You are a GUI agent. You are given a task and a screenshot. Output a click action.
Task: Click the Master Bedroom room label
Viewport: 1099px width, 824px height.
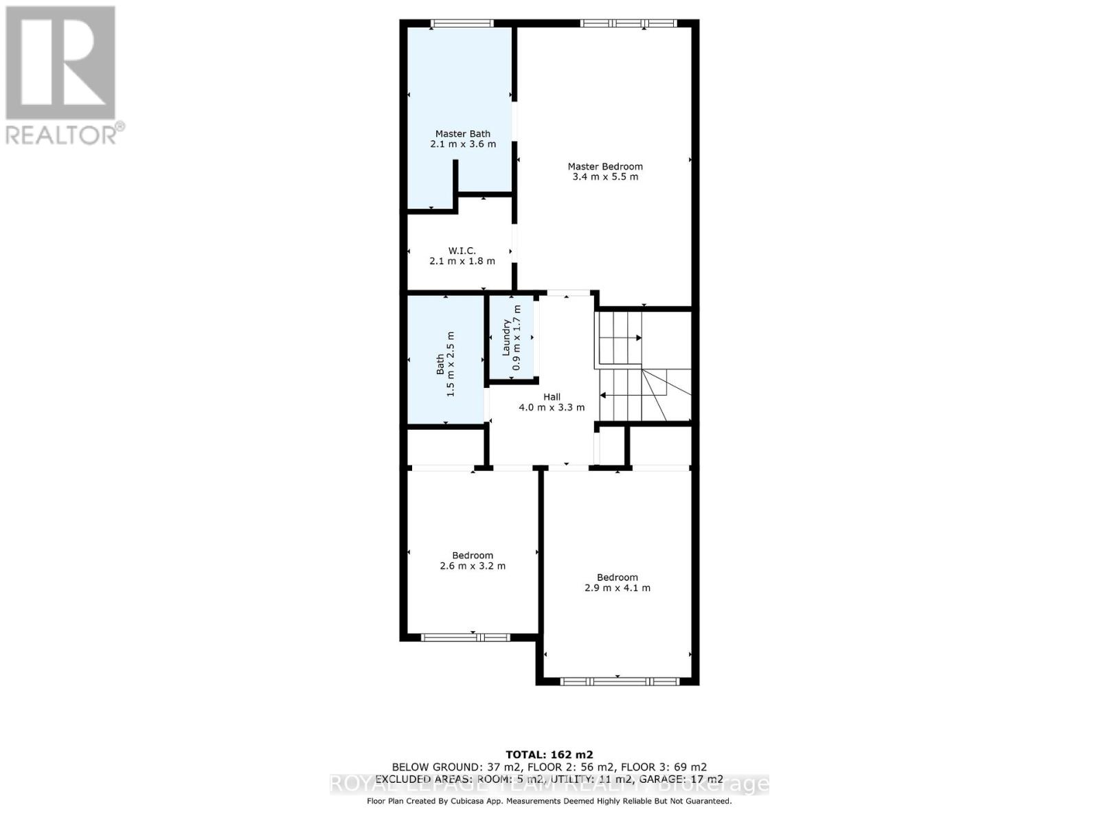pos(605,166)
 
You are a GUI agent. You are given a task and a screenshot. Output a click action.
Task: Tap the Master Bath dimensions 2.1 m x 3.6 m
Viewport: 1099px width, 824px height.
pos(463,144)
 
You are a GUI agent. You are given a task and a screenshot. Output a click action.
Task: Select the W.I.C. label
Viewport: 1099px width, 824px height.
pos(462,251)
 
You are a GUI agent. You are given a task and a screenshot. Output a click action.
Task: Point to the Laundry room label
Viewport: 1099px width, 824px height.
pos(507,338)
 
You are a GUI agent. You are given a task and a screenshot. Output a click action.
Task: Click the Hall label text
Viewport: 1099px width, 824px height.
pos(552,397)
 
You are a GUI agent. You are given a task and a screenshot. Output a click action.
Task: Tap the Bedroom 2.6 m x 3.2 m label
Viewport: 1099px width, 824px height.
pos(473,561)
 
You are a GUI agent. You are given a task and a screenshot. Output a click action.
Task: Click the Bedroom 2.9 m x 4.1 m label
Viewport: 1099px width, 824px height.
pos(617,583)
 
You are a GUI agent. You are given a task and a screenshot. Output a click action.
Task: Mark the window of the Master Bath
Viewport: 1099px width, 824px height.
pos(462,24)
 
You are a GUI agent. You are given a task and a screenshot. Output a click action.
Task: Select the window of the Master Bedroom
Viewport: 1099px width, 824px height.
pos(628,24)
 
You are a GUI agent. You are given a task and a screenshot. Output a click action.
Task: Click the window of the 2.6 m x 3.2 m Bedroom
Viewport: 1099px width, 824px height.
pos(465,637)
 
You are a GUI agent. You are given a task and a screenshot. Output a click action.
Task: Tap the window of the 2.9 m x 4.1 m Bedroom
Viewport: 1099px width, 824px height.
pos(618,682)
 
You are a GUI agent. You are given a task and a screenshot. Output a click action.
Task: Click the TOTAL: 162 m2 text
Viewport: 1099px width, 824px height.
pos(549,754)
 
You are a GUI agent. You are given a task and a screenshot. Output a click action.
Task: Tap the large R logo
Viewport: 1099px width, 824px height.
pos(60,63)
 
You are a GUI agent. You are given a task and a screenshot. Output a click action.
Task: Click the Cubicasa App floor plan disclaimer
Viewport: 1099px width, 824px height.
pos(549,801)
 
